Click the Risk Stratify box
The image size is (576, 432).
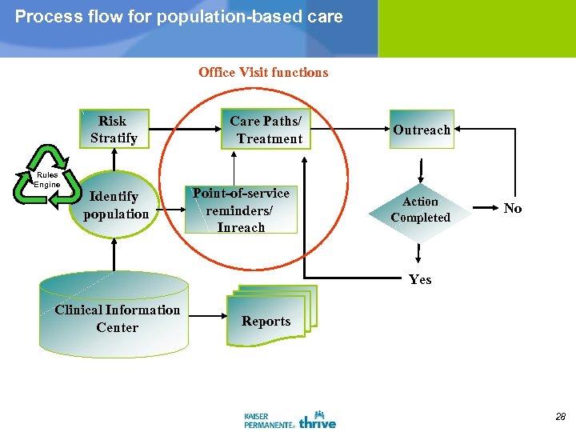(113, 130)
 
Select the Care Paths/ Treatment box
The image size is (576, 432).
(266, 130)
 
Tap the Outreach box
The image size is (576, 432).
(422, 130)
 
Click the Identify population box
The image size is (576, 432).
(116, 205)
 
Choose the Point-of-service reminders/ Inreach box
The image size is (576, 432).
(241, 210)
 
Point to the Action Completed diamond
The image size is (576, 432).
(420, 210)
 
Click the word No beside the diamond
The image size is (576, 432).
(513, 209)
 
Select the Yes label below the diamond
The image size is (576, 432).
(420, 279)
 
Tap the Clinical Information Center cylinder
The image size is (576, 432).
(114, 318)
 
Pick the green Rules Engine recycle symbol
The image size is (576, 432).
(46, 175)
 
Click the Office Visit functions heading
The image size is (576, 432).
(263, 72)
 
